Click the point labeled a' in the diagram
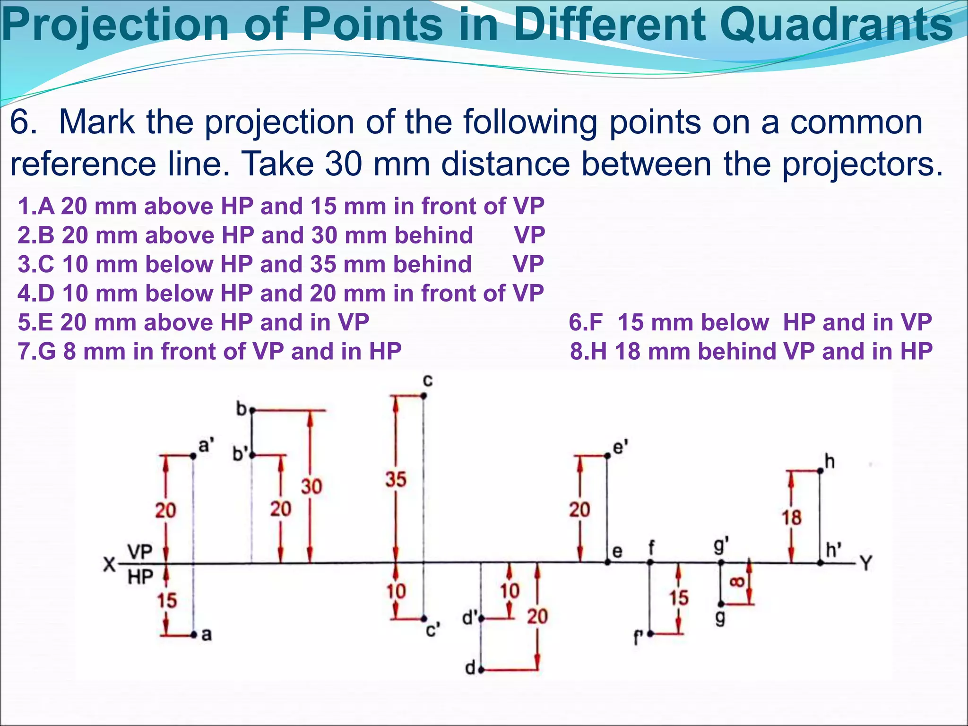click(193, 456)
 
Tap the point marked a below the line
click(194, 635)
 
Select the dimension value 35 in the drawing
click(396, 479)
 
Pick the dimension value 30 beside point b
click(311, 486)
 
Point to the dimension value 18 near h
click(792, 517)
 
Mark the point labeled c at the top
click(423, 396)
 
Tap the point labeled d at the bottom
click(481, 670)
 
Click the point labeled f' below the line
click(650, 634)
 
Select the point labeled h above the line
click(820, 471)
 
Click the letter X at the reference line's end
click(109, 564)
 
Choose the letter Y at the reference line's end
click(866, 563)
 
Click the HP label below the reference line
click(140, 577)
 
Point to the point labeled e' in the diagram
click(607, 456)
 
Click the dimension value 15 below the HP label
click(167, 601)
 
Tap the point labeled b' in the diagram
click(252, 455)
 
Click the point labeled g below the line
click(721, 604)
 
